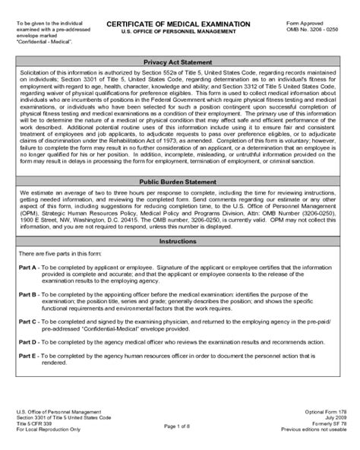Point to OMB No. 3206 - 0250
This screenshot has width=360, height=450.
click(x=314, y=32)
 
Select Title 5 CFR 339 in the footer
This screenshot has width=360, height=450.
click(x=37, y=424)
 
